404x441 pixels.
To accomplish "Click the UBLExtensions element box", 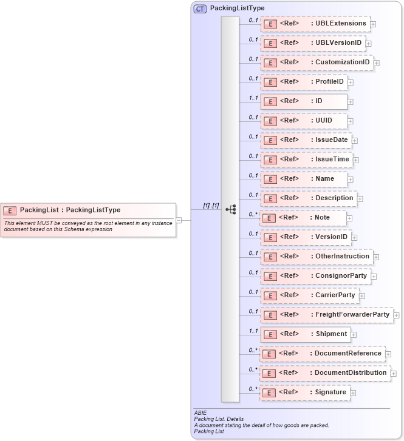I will (x=315, y=24).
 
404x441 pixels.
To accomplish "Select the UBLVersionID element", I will (x=313, y=43).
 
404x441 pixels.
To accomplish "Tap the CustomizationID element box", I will (x=317, y=62).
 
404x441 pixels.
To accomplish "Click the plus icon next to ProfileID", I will (x=351, y=82).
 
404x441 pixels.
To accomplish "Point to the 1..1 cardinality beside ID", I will (x=253, y=98).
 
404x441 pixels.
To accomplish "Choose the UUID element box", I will (x=304, y=121).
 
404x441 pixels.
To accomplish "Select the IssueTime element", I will (x=307, y=160).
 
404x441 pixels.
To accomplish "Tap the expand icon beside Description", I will (x=360, y=198).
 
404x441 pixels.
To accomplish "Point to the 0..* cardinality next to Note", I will (x=253, y=214).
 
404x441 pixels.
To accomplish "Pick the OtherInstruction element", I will (x=317, y=257).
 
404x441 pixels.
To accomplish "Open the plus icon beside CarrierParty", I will (x=362, y=296).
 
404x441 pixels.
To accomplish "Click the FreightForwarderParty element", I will (x=326, y=315).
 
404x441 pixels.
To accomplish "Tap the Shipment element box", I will (x=305, y=334).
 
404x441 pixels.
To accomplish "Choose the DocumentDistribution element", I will (x=325, y=373).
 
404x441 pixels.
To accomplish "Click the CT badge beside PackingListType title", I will (x=199, y=9).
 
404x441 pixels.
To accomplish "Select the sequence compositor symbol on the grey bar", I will (x=230, y=209).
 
